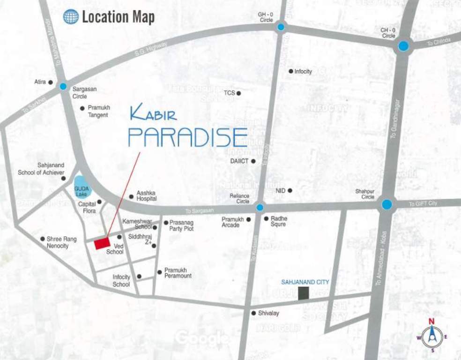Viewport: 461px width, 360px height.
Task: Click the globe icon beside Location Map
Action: tap(71, 17)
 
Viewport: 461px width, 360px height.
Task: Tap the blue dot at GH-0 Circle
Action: tap(281, 27)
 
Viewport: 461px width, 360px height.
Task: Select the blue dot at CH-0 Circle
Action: tap(403, 46)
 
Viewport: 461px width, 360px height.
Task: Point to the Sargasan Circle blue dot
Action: tap(63, 86)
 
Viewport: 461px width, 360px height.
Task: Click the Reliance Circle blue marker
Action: tap(260, 207)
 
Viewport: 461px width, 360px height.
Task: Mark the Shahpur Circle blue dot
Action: tap(387, 204)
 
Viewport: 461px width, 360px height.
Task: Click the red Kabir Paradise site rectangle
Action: tap(102, 244)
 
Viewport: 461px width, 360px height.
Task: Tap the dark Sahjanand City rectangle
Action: tap(304, 293)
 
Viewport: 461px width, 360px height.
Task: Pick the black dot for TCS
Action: tap(238, 93)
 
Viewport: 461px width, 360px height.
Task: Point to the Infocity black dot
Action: tap(291, 71)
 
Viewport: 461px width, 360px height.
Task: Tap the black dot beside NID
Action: tap(290, 190)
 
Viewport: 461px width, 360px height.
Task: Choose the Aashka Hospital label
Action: tap(146, 196)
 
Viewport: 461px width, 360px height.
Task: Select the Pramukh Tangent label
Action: tap(98, 111)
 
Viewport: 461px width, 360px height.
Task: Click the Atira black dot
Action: tap(50, 82)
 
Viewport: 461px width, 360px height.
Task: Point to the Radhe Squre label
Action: tap(279, 221)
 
